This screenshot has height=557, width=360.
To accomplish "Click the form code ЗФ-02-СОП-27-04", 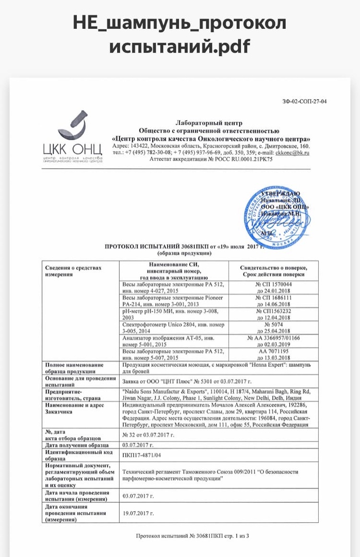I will [304, 101].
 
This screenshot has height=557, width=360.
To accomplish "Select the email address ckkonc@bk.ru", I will [292, 153].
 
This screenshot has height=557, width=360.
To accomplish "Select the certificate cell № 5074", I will [273, 325].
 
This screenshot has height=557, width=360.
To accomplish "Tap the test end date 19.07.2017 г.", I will [137, 514].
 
